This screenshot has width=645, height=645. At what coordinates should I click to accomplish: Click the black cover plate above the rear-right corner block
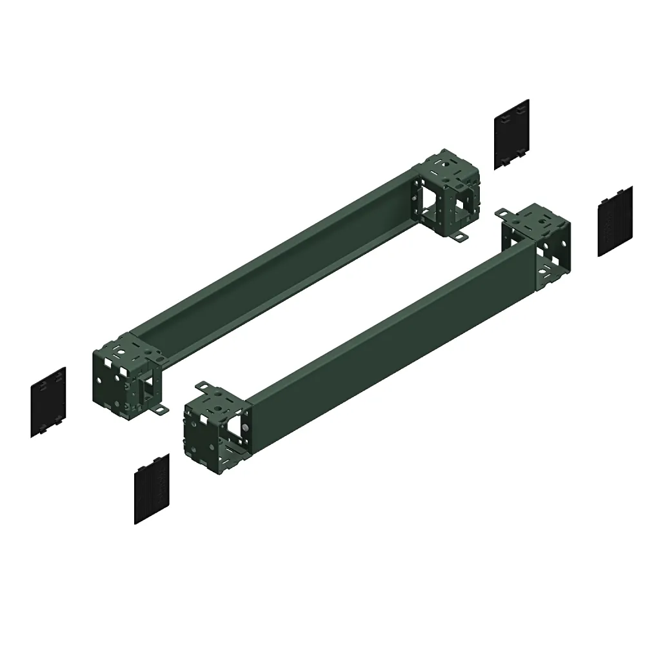click(511, 134)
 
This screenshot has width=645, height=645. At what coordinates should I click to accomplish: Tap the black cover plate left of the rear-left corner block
click(48, 402)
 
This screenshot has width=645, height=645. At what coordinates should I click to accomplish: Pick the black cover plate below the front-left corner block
click(152, 488)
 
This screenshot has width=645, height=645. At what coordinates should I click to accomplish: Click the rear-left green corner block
click(126, 374)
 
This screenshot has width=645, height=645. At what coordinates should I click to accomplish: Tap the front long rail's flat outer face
click(387, 335)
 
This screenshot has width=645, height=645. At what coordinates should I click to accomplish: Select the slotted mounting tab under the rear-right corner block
click(460, 238)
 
